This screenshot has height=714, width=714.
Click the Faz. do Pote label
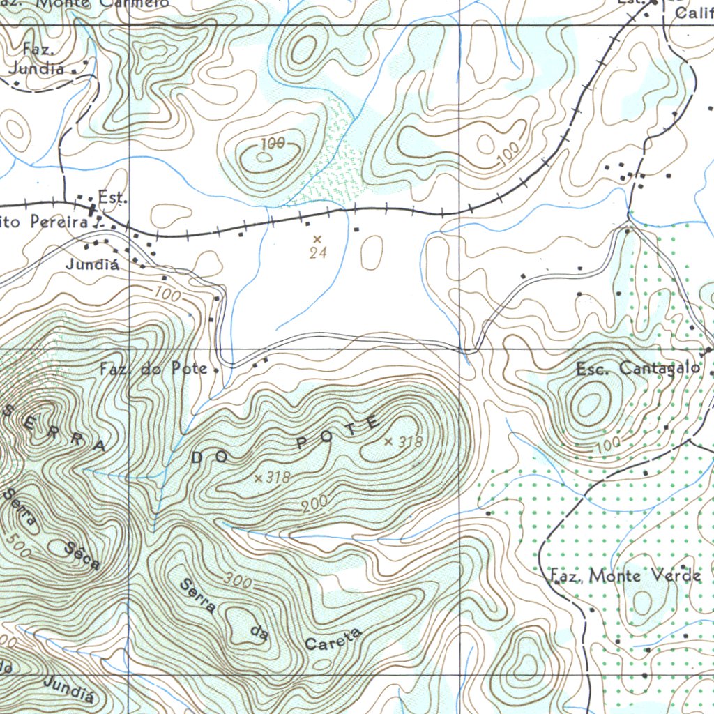coord(153,369)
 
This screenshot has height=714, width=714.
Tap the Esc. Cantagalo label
coord(639,369)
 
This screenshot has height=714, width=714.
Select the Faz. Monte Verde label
coord(625,576)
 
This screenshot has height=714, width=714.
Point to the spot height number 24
coord(318,254)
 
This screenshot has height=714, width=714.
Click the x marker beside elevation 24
coord(317,239)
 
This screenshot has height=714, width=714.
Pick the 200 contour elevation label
coord(314,508)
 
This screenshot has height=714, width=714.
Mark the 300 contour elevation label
coord(237,579)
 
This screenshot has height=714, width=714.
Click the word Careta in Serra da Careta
coord(334,639)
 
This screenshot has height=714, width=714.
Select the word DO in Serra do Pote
coord(210,457)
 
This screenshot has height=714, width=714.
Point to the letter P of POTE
coord(302,443)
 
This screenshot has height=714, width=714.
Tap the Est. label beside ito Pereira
coord(112,198)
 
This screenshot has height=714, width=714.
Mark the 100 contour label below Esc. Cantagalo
coord(608,443)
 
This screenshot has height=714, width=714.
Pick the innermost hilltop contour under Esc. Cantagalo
coord(590,403)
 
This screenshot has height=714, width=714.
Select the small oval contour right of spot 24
coord(372,252)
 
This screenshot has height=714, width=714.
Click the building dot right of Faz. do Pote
coord(217,370)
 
